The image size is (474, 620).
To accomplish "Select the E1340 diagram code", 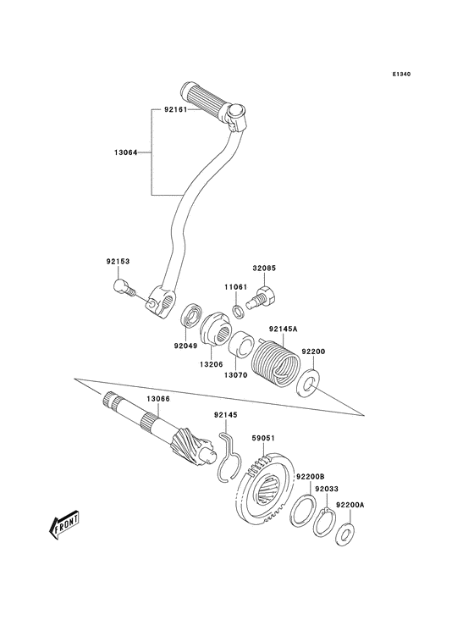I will (x=401, y=75).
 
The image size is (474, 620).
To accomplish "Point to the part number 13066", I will (x=158, y=398).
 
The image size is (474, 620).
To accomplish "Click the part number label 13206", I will (x=211, y=363).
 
